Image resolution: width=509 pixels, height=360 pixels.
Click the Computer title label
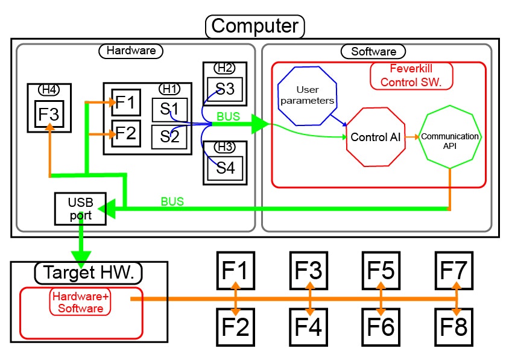click(x=255, y=26)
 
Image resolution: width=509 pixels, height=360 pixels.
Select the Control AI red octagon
click(x=376, y=137)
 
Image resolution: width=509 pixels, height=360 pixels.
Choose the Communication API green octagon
click(x=451, y=137)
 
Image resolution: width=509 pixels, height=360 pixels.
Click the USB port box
click(x=80, y=209)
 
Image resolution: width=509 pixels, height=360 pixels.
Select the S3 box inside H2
click(x=225, y=89)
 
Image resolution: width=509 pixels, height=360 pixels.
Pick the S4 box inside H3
click(x=225, y=167)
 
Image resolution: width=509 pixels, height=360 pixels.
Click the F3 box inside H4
click(x=49, y=114)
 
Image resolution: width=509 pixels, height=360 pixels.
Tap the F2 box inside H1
click(x=126, y=133)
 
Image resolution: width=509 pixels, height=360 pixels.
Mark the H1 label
click(x=169, y=89)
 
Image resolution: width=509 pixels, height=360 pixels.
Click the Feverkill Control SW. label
click(x=411, y=76)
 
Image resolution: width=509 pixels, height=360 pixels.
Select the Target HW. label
click(x=89, y=273)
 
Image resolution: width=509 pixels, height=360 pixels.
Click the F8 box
click(x=454, y=327)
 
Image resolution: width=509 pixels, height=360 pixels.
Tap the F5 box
click(x=380, y=270)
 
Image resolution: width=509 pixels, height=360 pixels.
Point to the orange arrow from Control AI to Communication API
click(x=413, y=137)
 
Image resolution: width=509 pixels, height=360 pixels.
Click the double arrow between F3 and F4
click(x=310, y=298)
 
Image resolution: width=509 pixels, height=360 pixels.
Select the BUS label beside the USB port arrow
click(x=172, y=201)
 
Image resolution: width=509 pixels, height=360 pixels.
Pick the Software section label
click(x=373, y=51)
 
